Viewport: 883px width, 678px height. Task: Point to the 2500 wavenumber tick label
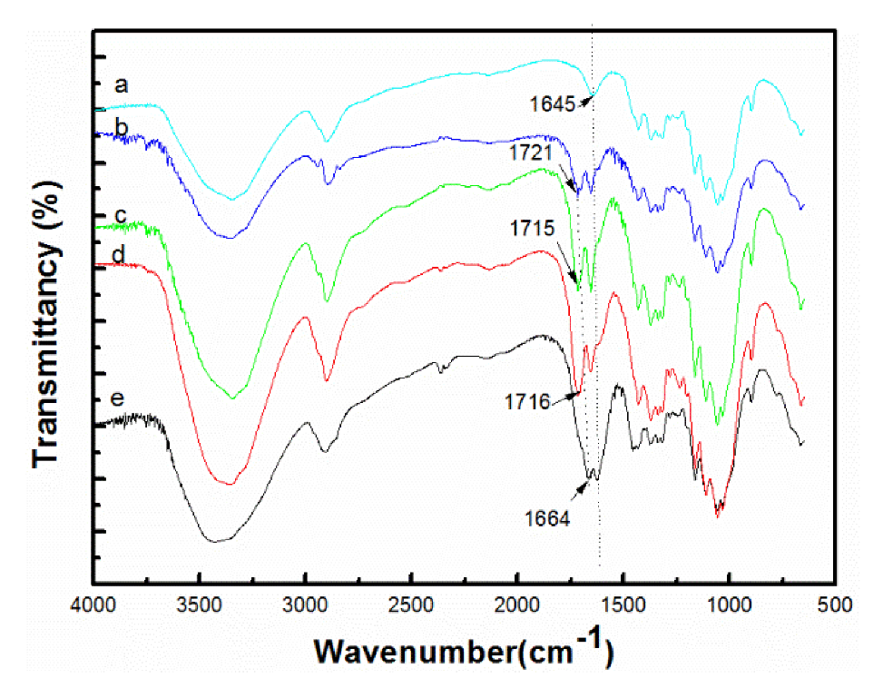click(411, 604)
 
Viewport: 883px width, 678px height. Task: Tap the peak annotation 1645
click(553, 104)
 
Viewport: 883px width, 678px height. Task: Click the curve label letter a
click(120, 86)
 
